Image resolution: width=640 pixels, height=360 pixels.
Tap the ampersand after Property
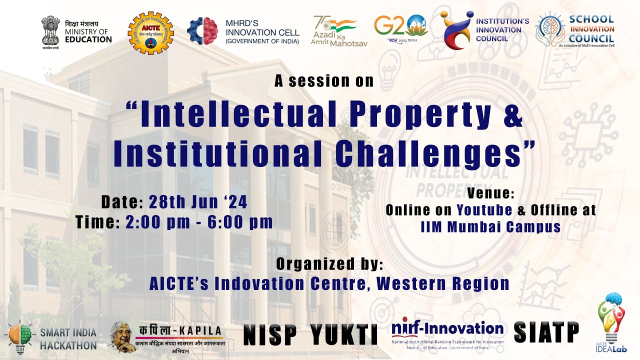pos(511,115)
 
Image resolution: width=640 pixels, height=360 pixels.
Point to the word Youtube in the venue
pos(484,210)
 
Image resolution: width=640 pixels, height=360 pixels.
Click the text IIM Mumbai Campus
pos(490,226)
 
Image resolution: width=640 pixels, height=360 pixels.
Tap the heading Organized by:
pos(330,263)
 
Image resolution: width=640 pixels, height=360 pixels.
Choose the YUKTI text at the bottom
pos(344,334)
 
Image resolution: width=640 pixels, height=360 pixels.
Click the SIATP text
pos(546,331)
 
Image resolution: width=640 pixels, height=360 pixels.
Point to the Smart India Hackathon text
pos(68,338)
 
